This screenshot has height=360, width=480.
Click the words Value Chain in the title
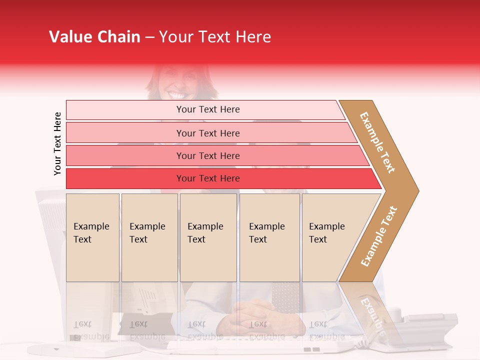point(94,37)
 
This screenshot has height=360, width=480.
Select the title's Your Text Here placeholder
point(215,37)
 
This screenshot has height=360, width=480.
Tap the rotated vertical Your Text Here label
point(57,143)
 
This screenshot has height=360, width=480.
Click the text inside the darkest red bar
point(208,178)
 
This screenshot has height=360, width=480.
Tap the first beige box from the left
point(92,237)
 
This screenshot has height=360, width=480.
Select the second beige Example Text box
point(149,237)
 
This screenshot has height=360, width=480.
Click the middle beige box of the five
point(208,237)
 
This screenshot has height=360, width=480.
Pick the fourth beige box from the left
point(269,237)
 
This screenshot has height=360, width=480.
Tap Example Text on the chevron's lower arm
point(379,236)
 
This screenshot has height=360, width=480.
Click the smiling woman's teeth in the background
point(177,94)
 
